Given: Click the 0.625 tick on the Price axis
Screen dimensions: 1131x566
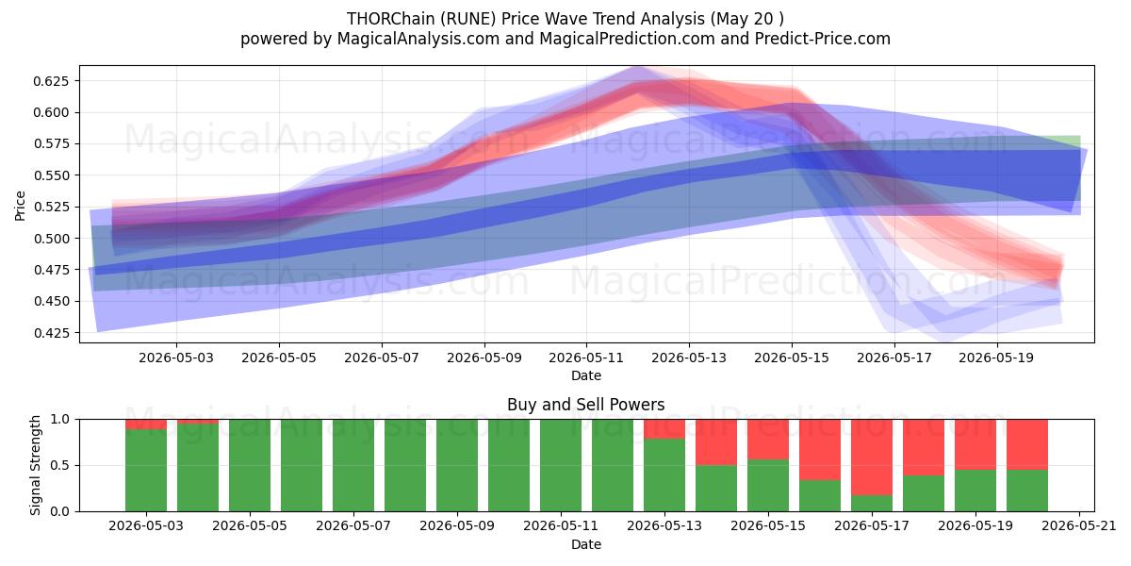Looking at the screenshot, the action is pyautogui.click(x=51, y=81).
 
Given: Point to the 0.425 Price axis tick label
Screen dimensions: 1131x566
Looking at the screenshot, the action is pyautogui.click(x=51, y=332).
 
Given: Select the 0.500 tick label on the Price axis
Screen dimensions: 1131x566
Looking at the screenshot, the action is pyautogui.click(x=51, y=238).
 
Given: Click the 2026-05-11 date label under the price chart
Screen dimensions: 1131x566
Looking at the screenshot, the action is pyautogui.click(x=586, y=358).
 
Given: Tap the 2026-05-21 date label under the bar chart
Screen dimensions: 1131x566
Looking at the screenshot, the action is pyautogui.click(x=1079, y=525).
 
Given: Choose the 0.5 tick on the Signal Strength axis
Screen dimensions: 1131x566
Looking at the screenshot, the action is pyautogui.click(x=59, y=465).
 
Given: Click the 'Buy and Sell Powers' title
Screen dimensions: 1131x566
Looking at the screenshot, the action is pyautogui.click(x=585, y=405).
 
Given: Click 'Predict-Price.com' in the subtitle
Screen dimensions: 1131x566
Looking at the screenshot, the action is pyautogui.click(x=823, y=39).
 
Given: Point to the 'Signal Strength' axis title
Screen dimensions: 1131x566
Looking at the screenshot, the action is pyautogui.click(x=35, y=465).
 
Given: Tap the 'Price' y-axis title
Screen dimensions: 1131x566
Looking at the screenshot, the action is pyautogui.click(x=20, y=206).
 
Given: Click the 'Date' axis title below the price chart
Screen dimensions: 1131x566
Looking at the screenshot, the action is pyautogui.click(x=586, y=375).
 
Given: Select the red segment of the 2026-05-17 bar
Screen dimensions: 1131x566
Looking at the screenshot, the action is pyautogui.click(x=872, y=458).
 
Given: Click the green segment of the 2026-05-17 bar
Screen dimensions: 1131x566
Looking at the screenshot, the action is pyautogui.click(x=872, y=504).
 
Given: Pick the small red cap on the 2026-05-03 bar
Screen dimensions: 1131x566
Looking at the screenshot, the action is pyautogui.click(x=146, y=424).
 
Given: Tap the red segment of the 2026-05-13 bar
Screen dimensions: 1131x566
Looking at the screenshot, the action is pyautogui.click(x=664, y=429).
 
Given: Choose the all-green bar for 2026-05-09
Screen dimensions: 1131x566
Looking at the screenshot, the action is pyautogui.click(x=457, y=465).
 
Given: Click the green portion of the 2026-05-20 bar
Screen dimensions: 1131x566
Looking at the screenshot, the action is pyautogui.click(x=1027, y=491).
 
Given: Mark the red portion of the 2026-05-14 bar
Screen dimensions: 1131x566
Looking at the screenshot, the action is pyautogui.click(x=716, y=442).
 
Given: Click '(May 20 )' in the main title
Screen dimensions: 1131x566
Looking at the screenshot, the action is pyautogui.click(x=747, y=19).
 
